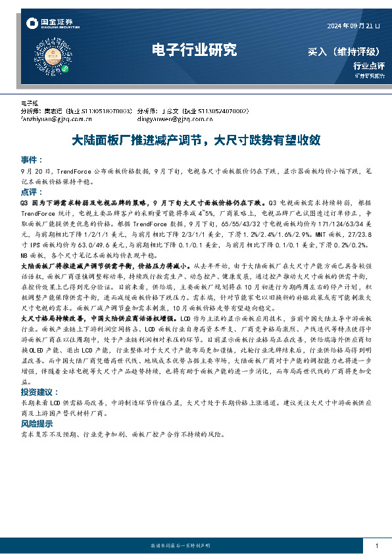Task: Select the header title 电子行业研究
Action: (193, 49)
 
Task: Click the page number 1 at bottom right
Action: (376, 546)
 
